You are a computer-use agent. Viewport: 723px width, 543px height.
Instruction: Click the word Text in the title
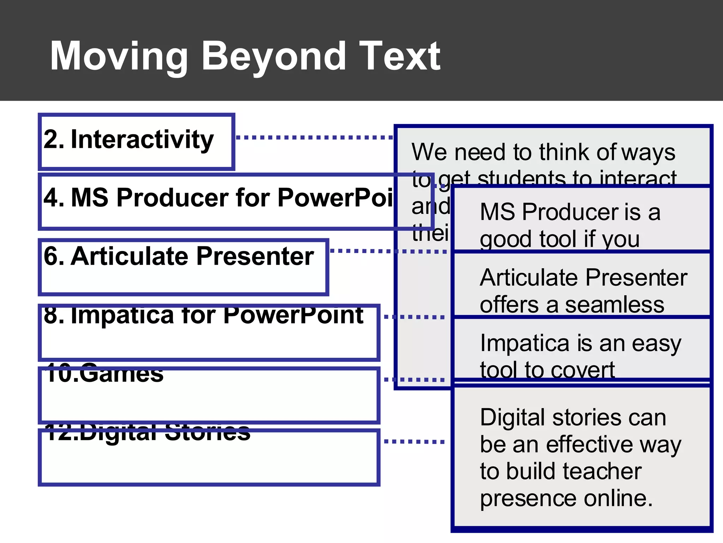click(x=399, y=57)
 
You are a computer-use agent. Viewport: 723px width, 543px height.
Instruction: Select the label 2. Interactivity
click(x=129, y=139)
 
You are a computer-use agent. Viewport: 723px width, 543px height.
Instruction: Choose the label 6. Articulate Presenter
click(x=179, y=256)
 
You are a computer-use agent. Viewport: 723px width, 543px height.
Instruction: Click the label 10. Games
click(x=104, y=374)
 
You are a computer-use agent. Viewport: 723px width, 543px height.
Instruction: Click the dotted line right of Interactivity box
click(x=314, y=137)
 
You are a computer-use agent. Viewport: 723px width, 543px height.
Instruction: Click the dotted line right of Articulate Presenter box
click(x=388, y=251)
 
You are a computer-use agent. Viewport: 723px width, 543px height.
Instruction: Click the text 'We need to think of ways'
click(x=543, y=152)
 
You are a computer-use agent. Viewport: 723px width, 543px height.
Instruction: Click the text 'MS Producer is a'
click(x=570, y=212)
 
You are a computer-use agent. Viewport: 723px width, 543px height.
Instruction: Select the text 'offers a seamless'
click(x=572, y=305)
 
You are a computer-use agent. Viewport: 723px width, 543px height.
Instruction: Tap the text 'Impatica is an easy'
click(x=580, y=344)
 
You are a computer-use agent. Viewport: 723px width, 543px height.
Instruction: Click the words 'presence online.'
click(x=566, y=498)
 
